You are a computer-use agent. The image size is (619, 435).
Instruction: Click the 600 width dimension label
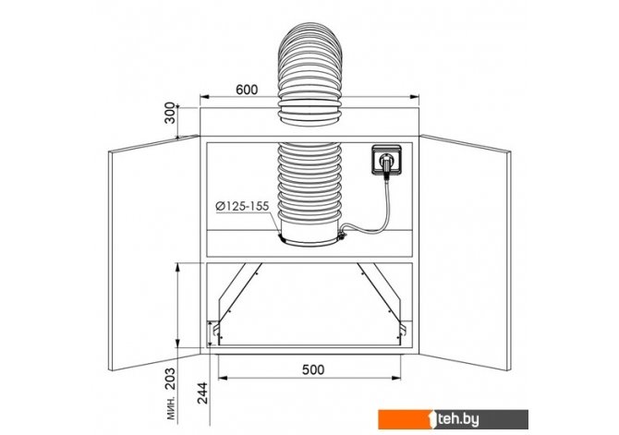247,90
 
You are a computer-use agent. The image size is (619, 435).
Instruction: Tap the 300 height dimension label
170,113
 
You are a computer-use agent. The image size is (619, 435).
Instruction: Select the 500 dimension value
313,369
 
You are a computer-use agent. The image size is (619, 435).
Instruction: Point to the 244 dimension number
202,393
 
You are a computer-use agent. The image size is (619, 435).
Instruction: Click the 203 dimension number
170,379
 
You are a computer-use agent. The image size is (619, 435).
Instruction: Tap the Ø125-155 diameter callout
242,206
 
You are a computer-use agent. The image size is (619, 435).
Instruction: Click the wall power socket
387,160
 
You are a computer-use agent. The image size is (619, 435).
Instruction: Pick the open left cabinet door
154,253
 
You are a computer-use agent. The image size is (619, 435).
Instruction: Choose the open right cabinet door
465,253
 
